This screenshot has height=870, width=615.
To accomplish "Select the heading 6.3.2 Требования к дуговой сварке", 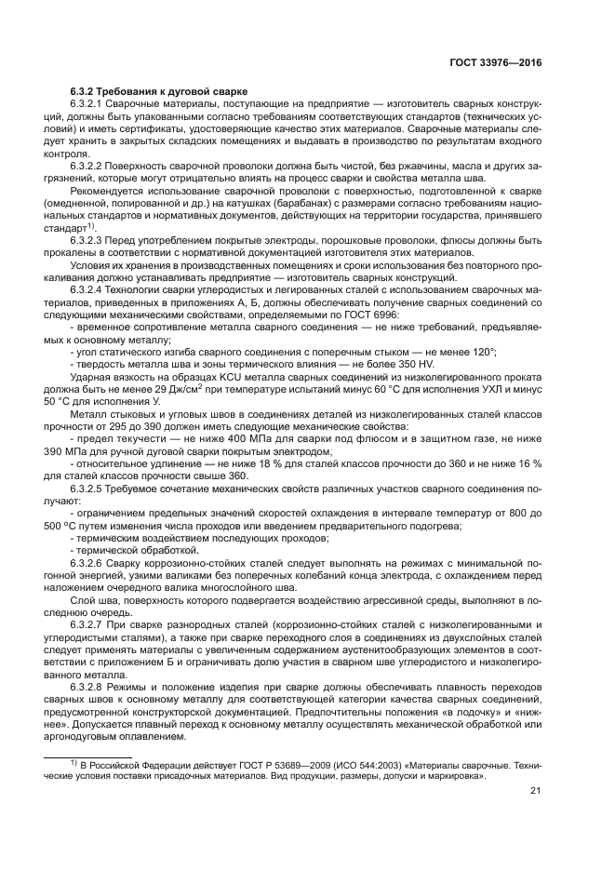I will coord(158,91).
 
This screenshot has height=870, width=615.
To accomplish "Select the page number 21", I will coord(535,792).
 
